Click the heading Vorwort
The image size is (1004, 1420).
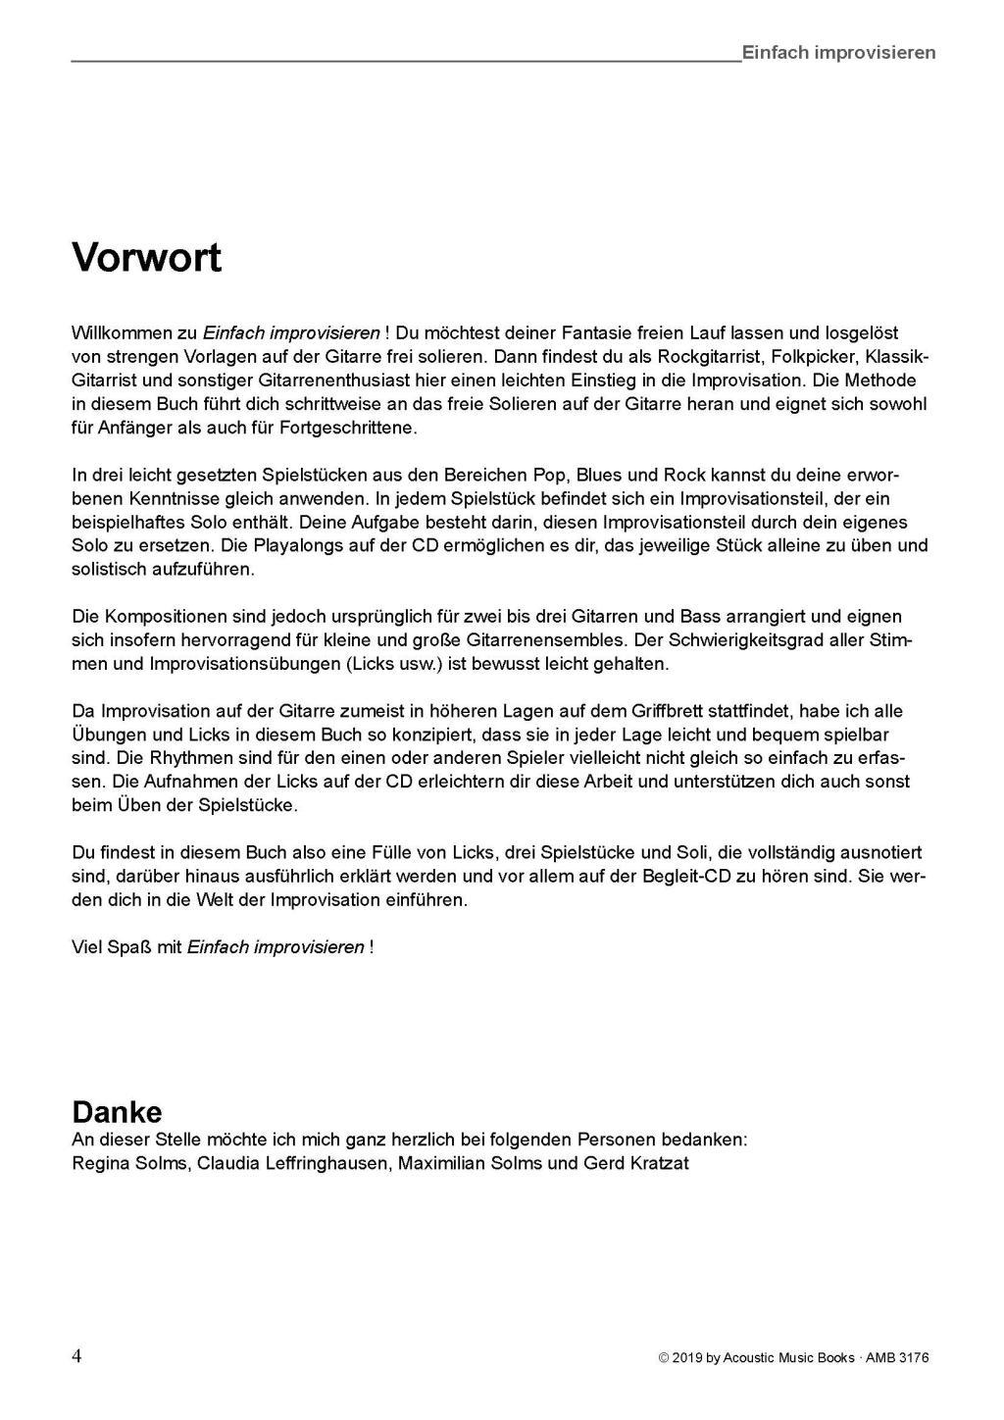[146, 258]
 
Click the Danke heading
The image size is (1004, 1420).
[117, 1112]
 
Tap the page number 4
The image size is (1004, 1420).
[76, 1356]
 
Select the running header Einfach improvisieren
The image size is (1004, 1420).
[838, 53]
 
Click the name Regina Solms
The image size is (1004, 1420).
[128, 1164]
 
